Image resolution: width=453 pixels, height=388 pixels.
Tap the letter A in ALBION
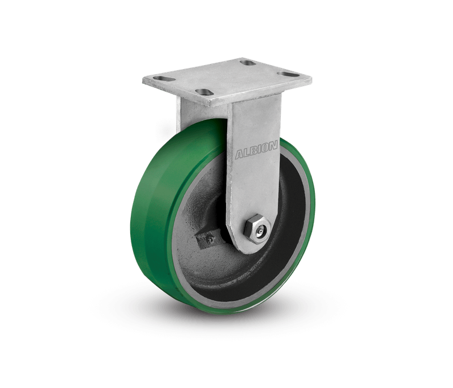240,155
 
